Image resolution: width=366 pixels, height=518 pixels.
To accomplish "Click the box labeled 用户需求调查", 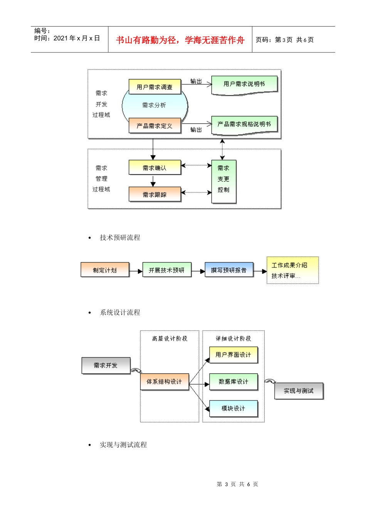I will [x=154, y=87].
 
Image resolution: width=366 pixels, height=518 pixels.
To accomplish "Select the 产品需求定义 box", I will [x=154, y=126].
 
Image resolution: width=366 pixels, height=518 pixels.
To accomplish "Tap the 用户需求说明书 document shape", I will [x=244, y=84].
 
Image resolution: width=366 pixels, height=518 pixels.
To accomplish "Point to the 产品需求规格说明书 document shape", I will [x=244, y=124].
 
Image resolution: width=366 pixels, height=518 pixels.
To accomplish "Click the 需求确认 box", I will [x=154, y=168].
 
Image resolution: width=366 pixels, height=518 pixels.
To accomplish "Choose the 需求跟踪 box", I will [x=154, y=194].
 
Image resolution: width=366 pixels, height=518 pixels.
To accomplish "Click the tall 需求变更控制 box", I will [x=223, y=181].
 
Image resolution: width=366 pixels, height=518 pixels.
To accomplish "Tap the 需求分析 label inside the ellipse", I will [x=154, y=105].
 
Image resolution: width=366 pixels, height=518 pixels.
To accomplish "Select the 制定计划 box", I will [x=105, y=270].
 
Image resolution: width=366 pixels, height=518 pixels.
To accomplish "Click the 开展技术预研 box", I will [x=166, y=270].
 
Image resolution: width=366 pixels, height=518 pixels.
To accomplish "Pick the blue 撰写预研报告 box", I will [x=229, y=270].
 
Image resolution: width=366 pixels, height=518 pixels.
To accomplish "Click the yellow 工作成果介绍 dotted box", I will [x=292, y=270].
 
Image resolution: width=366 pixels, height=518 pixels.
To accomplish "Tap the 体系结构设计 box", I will [x=165, y=382].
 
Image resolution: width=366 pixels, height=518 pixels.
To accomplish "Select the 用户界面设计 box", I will [x=233, y=355].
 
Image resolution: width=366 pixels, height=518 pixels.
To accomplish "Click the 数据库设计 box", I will [x=233, y=382].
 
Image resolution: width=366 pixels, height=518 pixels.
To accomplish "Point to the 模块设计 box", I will [x=233, y=408].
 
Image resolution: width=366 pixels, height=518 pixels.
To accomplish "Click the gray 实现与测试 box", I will [x=299, y=391].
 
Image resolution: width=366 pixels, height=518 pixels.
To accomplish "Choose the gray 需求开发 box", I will [x=106, y=365].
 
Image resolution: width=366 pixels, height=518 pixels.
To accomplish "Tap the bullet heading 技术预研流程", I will [x=120, y=237].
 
